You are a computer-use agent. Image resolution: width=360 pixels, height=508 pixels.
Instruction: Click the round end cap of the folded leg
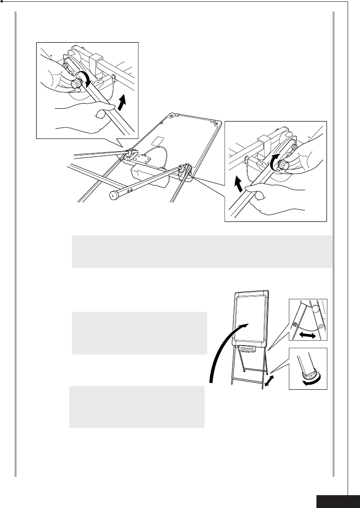click(x=112, y=195)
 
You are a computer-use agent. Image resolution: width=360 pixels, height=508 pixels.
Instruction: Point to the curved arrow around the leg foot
click(x=312, y=377)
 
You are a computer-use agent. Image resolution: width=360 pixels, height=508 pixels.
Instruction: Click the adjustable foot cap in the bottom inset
click(x=307, y=373)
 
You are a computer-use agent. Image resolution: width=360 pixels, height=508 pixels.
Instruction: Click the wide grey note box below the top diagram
click(x=202, y=251)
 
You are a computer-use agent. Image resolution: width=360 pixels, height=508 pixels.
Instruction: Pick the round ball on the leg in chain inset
click(x=315, y=309)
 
